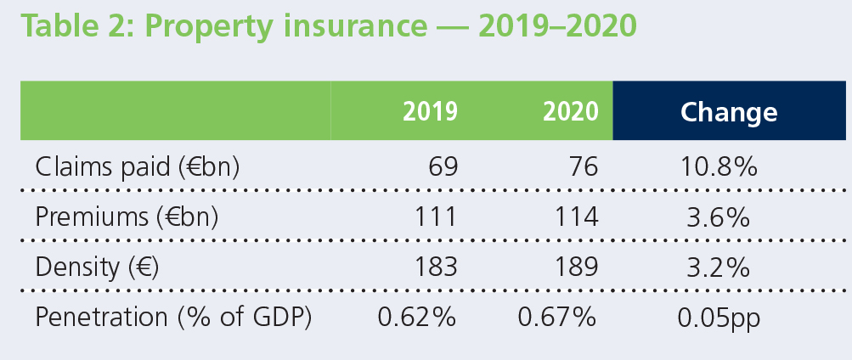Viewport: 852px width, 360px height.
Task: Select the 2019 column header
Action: (430, 111)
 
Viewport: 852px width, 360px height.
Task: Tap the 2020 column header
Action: (571, 111)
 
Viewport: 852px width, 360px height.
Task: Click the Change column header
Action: (729, 111)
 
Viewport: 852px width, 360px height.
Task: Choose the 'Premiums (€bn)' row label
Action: (127, 217)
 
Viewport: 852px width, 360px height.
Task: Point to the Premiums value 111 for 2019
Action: (433, 217)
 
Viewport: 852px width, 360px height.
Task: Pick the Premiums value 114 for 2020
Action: (573, 217)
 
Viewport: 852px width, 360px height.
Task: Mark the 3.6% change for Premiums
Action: (718, 217)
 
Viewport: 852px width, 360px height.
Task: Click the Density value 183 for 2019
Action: (433, 267)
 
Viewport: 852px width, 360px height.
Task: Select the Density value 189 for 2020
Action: (573, 267)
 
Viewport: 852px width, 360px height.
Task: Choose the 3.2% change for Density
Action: (718, 267)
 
